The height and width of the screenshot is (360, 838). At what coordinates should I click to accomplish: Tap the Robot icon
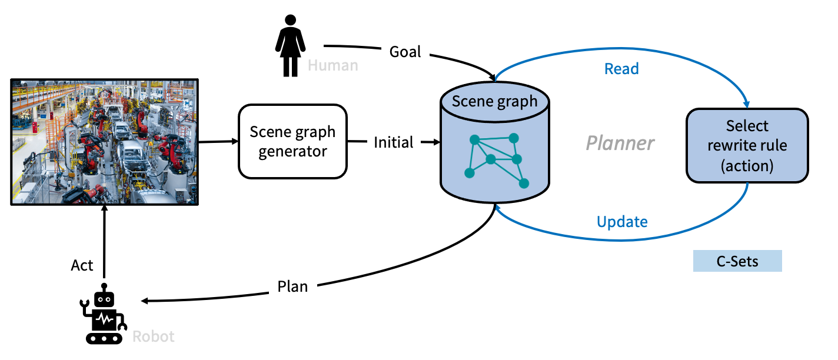(x=105, y=314)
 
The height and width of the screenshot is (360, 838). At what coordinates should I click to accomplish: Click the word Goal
(x=405, y=52)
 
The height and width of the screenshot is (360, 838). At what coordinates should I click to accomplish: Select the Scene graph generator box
(x=292, y=141)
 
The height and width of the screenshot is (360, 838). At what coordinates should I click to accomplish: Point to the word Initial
(x=394, y=142)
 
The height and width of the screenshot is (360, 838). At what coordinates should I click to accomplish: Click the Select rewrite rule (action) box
(x=747, y=145)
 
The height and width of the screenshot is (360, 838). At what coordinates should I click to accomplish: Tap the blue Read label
(x=621, y=69)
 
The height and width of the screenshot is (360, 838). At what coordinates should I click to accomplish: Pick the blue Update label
(x=622, y=222)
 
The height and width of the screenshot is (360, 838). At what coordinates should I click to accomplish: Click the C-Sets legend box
(x=737, y=261)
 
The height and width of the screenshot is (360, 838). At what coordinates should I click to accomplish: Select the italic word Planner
(x=620, y=142)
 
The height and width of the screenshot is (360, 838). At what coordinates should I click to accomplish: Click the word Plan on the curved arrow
(x=292, y=286)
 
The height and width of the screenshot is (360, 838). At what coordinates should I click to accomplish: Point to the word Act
(x=82, y=265)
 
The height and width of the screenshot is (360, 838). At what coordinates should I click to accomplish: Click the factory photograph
(x=105, y=141)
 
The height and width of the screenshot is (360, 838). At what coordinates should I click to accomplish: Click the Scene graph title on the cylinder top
(x=495, y=101)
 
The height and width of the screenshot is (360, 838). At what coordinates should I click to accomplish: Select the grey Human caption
(x=333, y=65)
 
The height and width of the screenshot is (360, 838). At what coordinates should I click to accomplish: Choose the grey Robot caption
(x=154, y=336)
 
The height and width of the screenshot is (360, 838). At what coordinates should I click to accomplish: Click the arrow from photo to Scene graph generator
(x=218, y=142)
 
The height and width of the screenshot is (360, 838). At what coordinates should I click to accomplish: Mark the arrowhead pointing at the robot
(x=144, y=301)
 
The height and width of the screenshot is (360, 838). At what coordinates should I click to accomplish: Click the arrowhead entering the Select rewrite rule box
(x=747, y=104)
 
